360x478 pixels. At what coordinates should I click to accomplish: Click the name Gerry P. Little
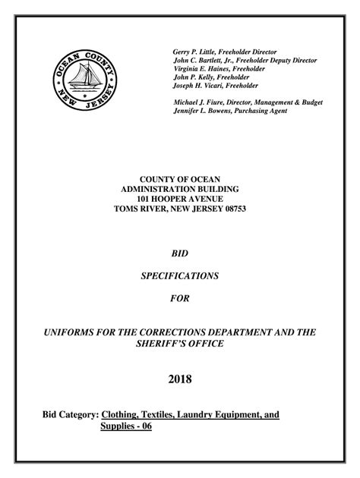pyautogui.click(x=197, y=52)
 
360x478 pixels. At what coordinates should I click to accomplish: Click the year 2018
pyautogui.click(x=180, y=379)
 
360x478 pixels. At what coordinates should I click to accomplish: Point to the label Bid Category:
pyautogui.click(x=68, y=415)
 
